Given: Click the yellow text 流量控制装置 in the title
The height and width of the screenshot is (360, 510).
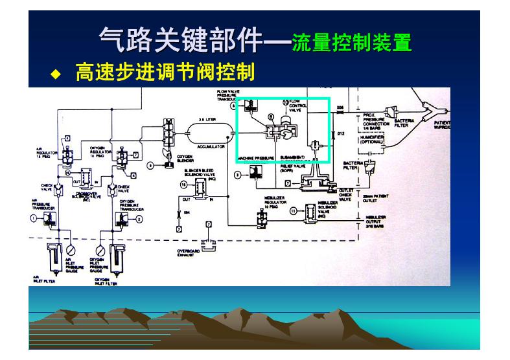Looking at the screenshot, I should (352, 43).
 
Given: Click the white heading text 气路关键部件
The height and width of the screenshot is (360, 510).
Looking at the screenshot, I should (180, 41).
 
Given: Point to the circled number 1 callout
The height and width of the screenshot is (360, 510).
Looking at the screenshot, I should (33, 219).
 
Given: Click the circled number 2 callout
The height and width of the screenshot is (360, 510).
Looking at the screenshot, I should (138, 219).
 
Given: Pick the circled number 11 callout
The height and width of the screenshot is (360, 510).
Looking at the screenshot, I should (292, 210).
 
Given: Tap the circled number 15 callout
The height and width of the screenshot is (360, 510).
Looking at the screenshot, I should (183, 185).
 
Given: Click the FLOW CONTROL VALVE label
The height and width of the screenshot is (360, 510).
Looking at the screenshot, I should (295, 106).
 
